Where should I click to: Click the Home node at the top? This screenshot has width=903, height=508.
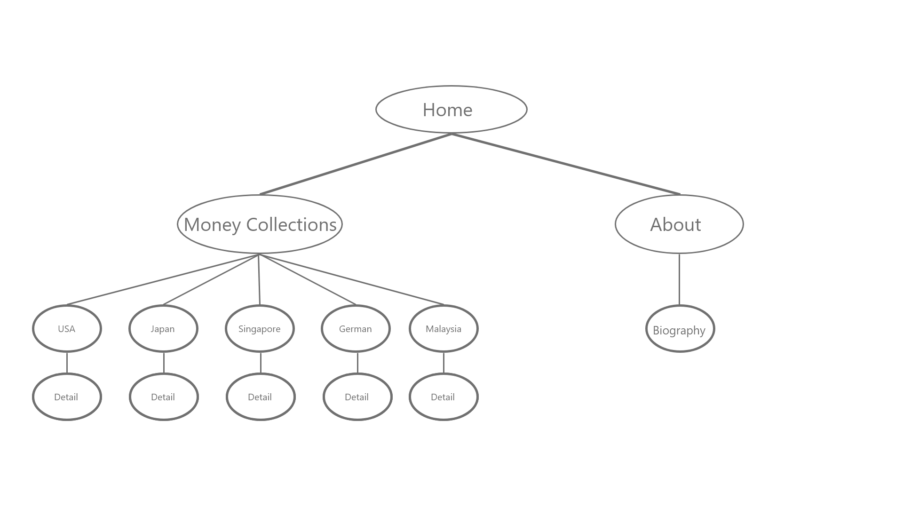[451, 110]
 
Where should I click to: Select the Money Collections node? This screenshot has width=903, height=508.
[260, 224]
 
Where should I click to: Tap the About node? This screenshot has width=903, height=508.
[679, 224]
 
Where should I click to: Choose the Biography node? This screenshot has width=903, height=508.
[680, 329]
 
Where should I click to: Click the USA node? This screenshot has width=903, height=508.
[67, 329]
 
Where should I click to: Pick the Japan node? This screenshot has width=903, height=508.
[163, 329]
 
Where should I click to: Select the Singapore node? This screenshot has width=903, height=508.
[260, 329]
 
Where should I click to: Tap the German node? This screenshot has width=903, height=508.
[356, 329]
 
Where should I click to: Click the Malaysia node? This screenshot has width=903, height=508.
[444, 329]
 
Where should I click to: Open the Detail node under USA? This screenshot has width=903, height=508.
[67, 397]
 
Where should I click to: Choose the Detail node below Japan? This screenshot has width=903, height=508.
[164, 397]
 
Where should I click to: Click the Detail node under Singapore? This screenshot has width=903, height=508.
[261, 397]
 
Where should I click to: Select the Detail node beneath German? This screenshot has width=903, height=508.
[357, 397]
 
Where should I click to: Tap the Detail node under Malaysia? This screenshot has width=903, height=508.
[444, 397]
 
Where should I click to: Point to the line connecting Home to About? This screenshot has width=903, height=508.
[566, 164]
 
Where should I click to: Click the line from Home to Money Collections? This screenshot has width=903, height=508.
[356, 164]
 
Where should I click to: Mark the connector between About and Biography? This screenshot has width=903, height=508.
[679, 279]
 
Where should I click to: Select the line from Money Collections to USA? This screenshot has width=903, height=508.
[163, 280]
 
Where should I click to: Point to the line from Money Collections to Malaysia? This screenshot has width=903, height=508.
[351, 280]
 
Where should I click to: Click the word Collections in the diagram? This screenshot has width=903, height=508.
[292, 225]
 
